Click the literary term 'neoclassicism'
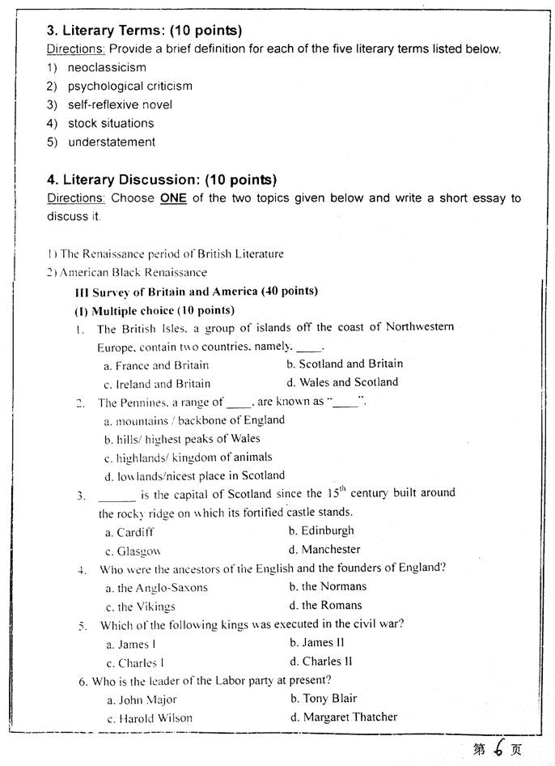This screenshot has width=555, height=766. pos(107,67)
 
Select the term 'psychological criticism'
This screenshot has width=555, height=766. pos(129,86)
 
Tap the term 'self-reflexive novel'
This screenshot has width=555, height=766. pos(120,104)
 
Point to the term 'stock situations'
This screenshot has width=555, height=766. pos(110,123)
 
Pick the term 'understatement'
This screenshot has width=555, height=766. pos(111,142)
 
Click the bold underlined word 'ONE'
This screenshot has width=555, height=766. pos(173,198)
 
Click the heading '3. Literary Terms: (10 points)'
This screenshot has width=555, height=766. pos(144,32)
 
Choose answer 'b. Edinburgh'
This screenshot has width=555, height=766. pos(321,530)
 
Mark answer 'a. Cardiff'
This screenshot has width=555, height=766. pos(129,533)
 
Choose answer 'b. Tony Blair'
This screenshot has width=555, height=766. pos(324,698)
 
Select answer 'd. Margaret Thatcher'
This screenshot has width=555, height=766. pos(344,717)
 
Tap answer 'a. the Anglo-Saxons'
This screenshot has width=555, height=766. pos(156,588)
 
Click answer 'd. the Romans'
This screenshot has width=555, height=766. pos(325,605)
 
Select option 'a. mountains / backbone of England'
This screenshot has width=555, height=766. pos(194,420)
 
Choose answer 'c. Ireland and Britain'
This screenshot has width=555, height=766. pos(157,384)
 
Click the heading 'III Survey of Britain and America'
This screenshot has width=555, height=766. pos(195,292)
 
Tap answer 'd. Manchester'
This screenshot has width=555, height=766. pos(324,549)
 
